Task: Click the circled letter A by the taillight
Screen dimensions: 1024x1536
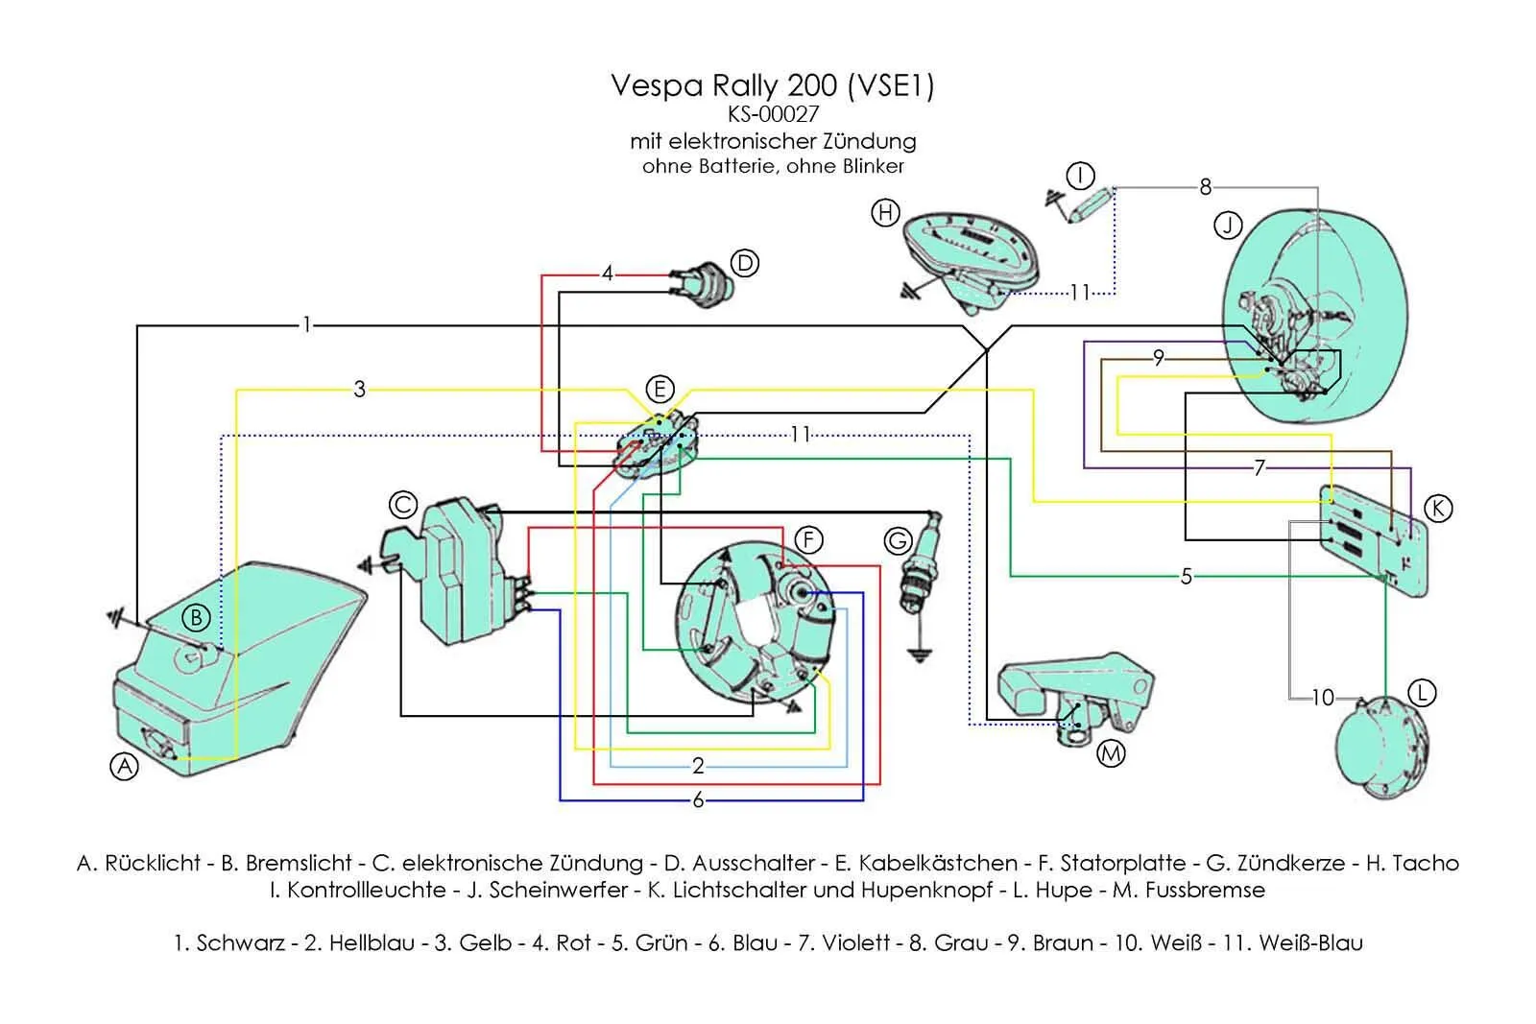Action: (x=125, y=766)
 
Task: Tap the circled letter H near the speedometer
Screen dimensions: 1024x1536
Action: (x=885, y=212)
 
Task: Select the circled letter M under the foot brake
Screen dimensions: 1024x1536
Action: (x=1111, y=753)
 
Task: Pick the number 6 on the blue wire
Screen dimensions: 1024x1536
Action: (x=698, y=799)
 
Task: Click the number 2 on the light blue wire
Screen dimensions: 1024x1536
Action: (x=698, y=766)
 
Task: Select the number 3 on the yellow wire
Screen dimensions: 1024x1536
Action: (x=360, y=389)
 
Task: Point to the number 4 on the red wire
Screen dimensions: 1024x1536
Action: (x=607, y=274)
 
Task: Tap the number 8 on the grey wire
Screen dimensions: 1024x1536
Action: (x=1206, y=186)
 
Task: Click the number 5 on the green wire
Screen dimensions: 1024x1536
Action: (x=1187, y=576)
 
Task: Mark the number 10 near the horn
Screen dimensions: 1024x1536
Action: (x=1323, y=698)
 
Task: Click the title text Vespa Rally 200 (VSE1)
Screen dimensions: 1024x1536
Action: (x=773, y=85)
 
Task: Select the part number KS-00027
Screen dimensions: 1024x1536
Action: (x=773, y=114)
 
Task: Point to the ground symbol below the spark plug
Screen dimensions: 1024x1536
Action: (x=919, y=656)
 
